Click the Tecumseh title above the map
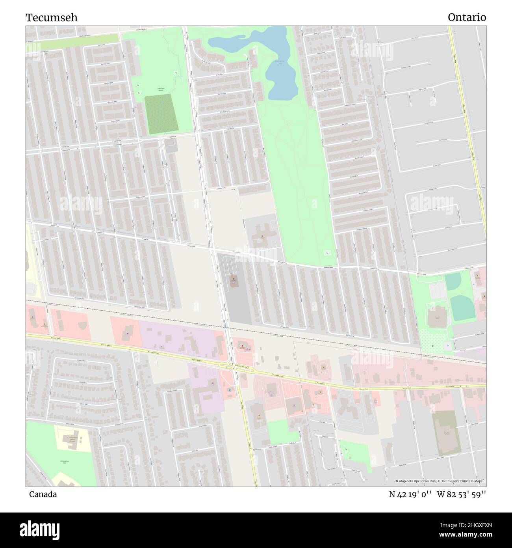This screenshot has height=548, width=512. click(x=52, y=17)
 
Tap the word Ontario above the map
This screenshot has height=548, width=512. click(x=467, y=17)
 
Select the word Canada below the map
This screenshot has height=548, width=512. click(x=43, y=494)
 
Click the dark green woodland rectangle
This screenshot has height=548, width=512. click(x=161, y=114)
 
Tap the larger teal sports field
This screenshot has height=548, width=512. click(x=461, y=308)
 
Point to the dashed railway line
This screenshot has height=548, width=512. click(x=256, y=330)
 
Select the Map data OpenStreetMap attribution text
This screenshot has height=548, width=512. click(x=441, y=481)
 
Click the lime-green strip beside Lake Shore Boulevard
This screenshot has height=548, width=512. click(x=73, y=39)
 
